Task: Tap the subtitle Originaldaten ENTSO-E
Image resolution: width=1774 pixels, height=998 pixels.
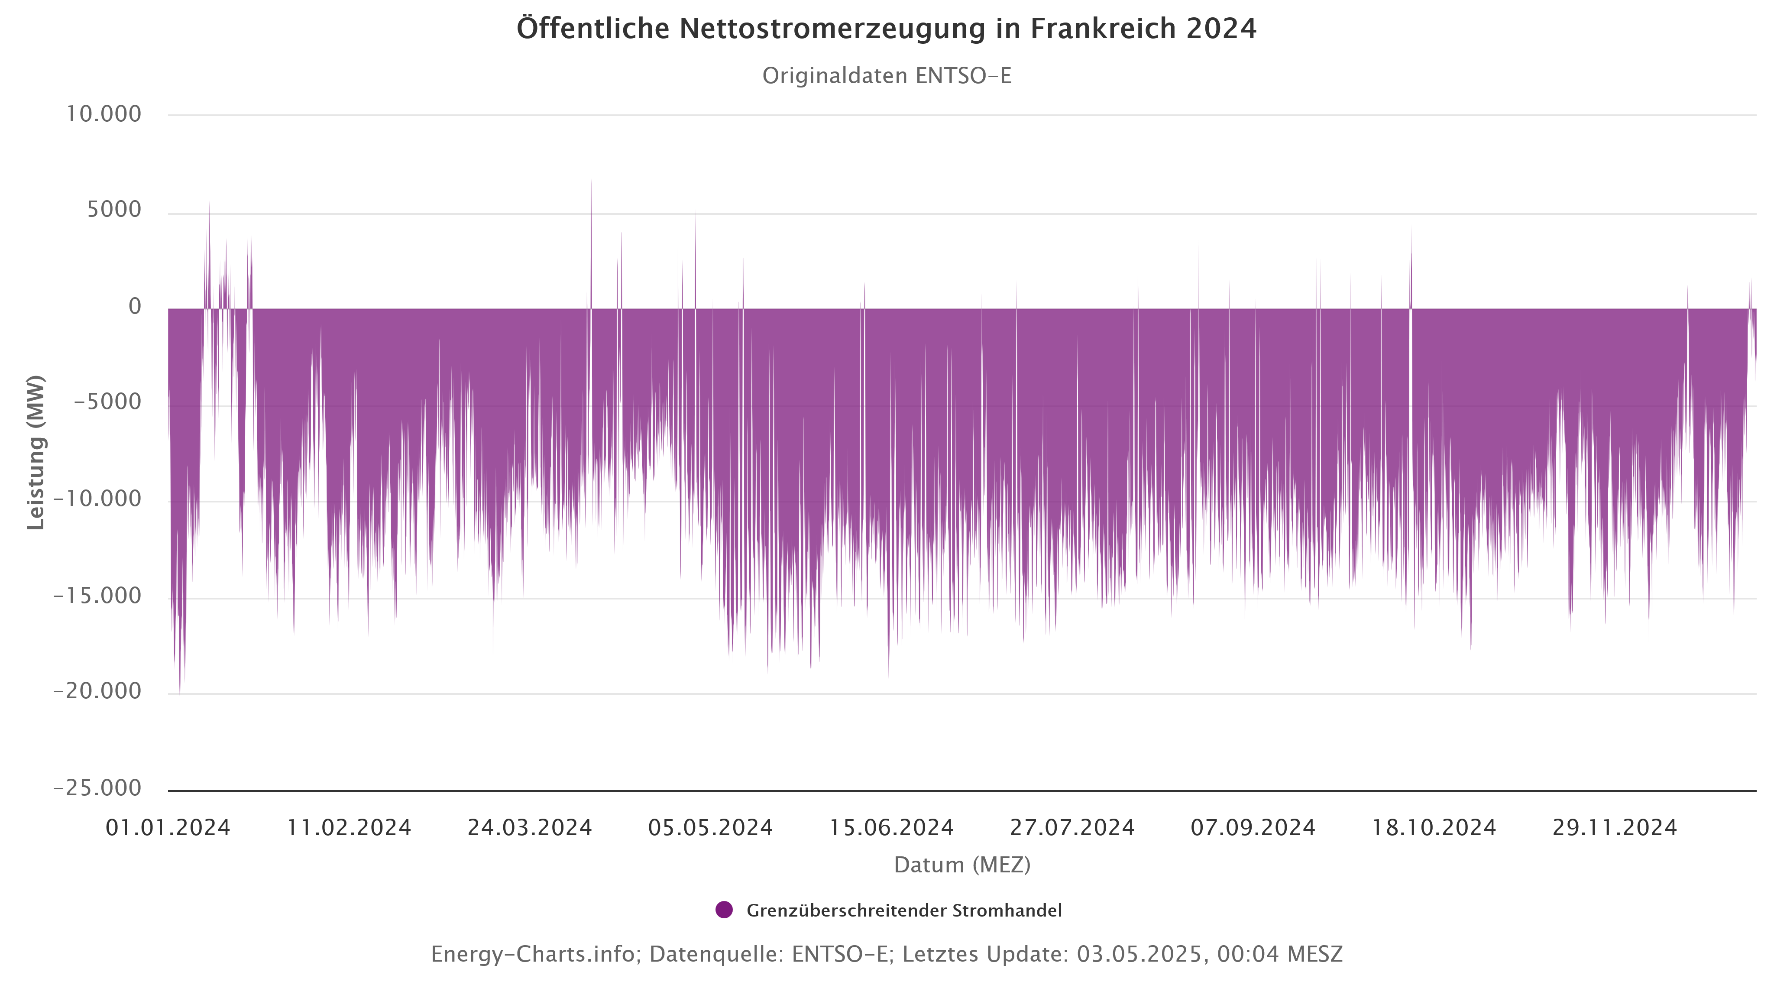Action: pos(887,76)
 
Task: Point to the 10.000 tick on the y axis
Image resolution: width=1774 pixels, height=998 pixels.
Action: pos(104,114)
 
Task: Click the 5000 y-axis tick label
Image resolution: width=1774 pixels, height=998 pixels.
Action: pos(113,210)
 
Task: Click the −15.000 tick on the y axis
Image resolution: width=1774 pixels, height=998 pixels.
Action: pos(97,596)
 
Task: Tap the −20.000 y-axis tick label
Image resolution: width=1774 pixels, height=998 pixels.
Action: pos(97,691)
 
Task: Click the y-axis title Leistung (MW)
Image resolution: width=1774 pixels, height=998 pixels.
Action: pos(36,453)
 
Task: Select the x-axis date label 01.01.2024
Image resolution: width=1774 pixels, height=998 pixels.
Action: pos(168,827)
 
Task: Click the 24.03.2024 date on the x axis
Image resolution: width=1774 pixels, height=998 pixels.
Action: pos(530,827)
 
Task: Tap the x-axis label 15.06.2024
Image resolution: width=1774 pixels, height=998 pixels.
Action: pos(891,827)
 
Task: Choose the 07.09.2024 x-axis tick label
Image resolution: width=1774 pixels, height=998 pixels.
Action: pos(1253,827)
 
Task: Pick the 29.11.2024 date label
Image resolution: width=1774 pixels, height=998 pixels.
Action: pos(1614,827)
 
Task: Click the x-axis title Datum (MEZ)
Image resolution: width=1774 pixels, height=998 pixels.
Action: pos(962,865)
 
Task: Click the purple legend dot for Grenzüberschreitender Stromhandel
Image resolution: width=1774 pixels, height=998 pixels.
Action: pos(724,910)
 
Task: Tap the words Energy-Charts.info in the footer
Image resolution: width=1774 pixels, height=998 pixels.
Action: pos(532,954)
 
